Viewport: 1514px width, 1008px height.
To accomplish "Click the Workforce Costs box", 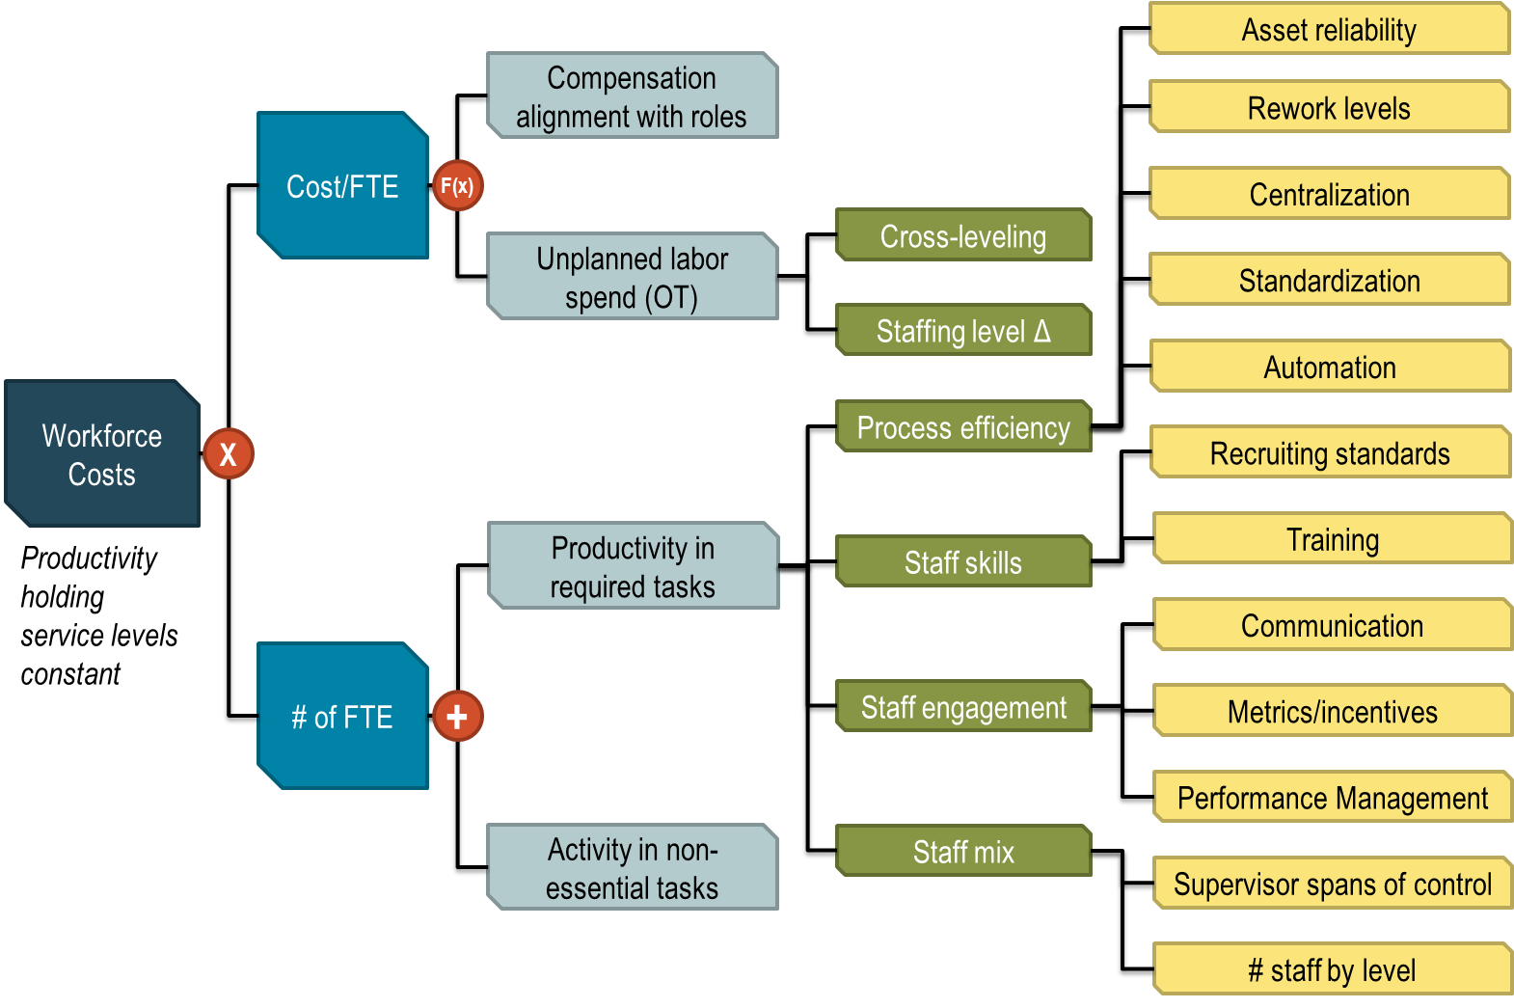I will [101, 454].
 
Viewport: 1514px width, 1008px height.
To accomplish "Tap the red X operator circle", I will [229, 454].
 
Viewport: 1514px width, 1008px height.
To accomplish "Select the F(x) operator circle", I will [457, 186].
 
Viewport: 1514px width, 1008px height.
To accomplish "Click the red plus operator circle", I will [457, 717].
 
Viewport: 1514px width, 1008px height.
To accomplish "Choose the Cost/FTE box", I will [342, 186].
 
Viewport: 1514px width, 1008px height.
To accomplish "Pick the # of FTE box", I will [342, 717].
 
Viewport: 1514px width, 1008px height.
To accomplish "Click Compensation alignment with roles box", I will [632, 96].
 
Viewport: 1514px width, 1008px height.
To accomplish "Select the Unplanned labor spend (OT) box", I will [632, 278].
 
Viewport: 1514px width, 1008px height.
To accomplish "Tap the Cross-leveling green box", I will [962, 236].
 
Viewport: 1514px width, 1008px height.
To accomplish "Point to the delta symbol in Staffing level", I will [1041, 332].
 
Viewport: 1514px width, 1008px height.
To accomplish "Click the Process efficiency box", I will [962, 427].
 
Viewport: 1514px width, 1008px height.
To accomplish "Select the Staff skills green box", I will [962, 562].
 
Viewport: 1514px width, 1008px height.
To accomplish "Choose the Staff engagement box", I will [962, 707].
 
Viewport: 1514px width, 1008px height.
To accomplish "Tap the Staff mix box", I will [962, 852].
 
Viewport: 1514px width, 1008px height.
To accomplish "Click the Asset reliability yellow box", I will [1329, 30].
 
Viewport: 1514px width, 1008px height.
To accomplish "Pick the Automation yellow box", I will [1329, 368].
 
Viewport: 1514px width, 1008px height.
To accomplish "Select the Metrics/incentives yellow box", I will [1332, 712].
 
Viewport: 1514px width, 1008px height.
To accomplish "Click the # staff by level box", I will [1332, 970].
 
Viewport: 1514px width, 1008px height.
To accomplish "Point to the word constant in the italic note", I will [71, 674].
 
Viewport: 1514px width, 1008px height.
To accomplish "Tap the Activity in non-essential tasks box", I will [632, 868].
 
